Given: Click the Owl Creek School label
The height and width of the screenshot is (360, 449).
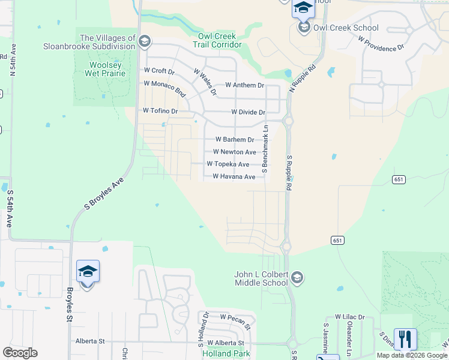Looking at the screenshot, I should [x=346, y=28].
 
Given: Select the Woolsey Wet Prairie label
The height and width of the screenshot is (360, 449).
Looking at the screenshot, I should [x=107, y=69].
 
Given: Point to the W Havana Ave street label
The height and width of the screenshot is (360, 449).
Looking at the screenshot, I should [x=234, y=177].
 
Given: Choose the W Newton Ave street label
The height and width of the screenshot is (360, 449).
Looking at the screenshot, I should [x=234, y=152].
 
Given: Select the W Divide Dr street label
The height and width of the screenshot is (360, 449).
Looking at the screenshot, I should [x=248, y=112].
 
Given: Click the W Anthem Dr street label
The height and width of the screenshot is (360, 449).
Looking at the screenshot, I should [x=244, y=86].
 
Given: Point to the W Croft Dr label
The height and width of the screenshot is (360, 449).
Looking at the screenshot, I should [x=159, y=71].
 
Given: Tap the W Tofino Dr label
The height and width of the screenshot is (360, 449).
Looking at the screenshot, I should [x=160, y=111].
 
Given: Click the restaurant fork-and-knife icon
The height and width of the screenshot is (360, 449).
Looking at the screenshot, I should [x=405, y=339].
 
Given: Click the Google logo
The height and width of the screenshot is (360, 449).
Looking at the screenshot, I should [x=20, y=353].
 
